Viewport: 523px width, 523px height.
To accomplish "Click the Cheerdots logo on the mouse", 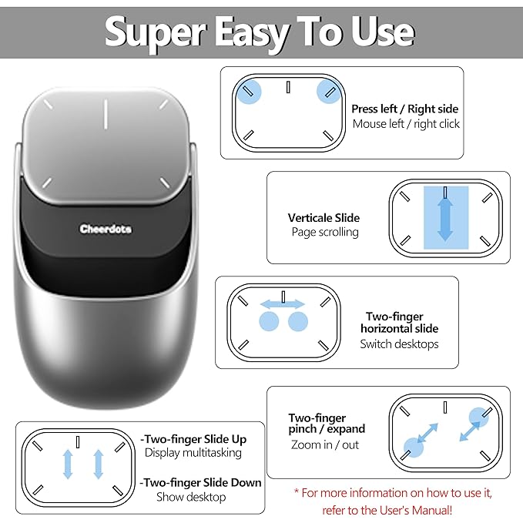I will tap(105, 229).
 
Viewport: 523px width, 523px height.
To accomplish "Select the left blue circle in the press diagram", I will tap(249, 92).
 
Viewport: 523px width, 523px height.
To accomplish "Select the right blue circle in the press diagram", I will tap(328, 92).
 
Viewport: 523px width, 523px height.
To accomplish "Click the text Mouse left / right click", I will tap(406, 124).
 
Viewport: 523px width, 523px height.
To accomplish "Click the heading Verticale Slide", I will tap(324, 218).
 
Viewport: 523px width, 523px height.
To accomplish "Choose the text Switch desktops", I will tap(399, 344).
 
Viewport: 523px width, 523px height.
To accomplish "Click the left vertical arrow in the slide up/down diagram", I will tap(68, 464).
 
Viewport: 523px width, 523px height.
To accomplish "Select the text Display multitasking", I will tap(193, 453).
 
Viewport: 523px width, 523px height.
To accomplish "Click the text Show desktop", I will tap(191, 498).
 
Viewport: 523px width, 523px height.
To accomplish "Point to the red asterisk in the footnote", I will tap(297, 492).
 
